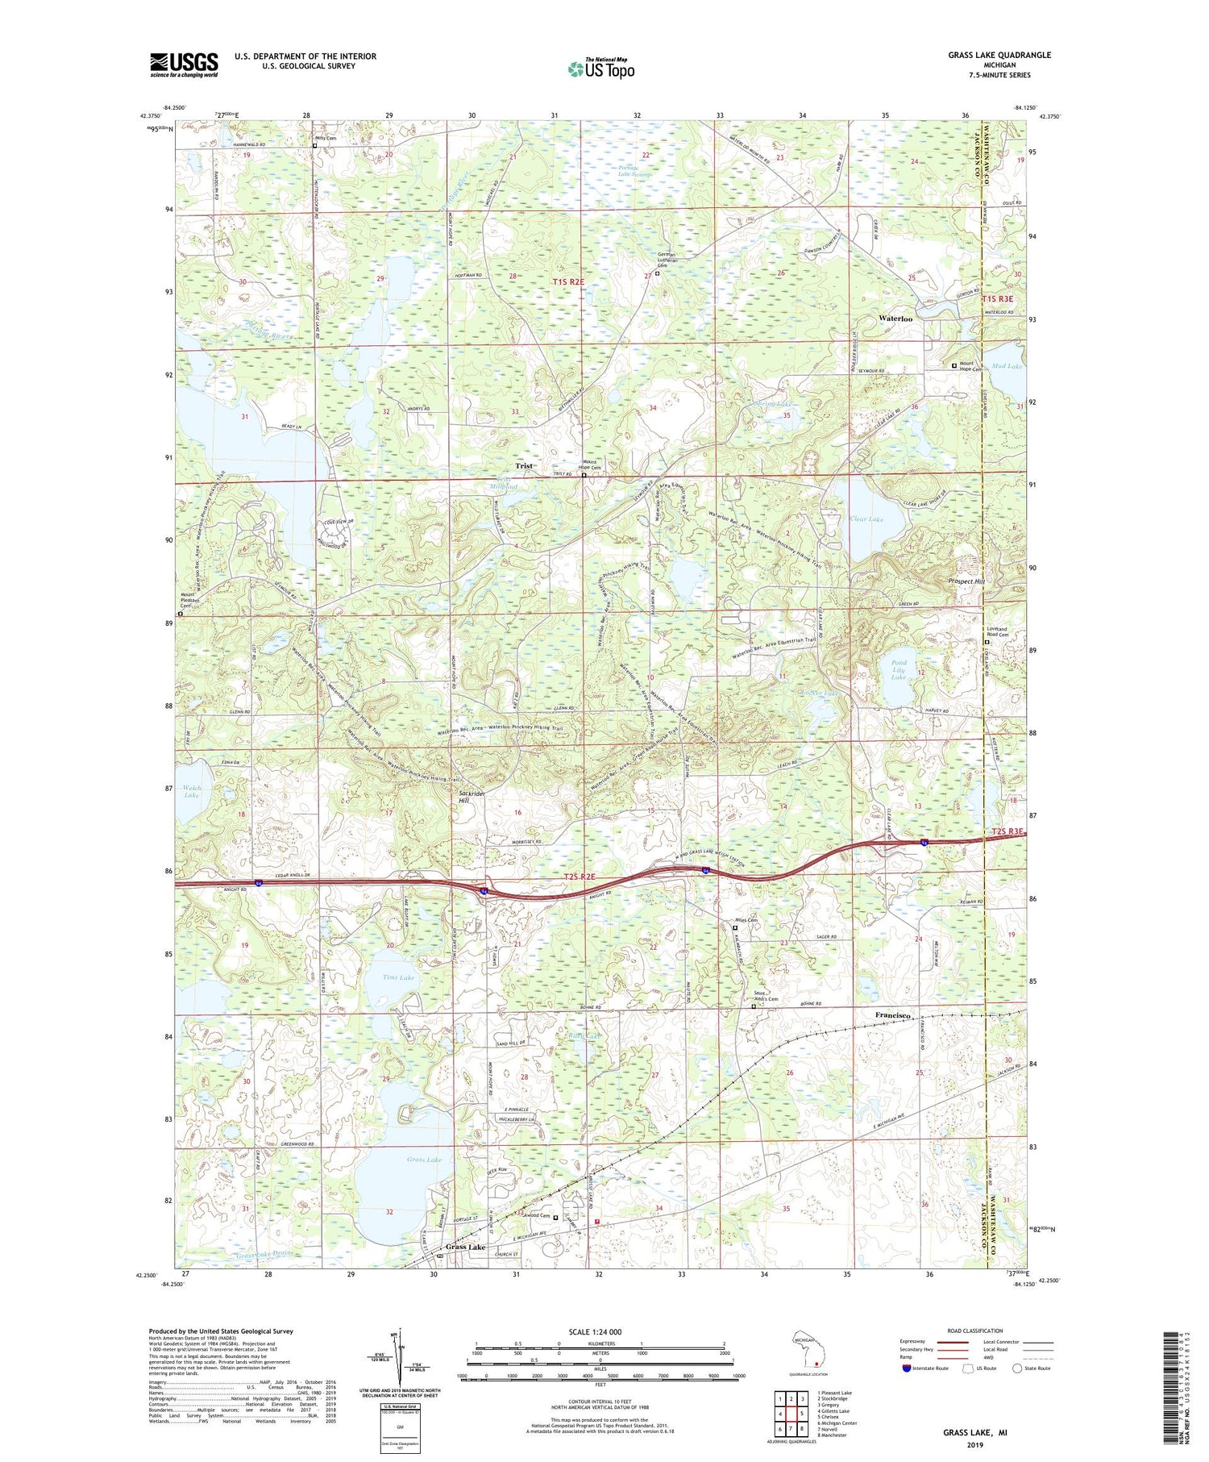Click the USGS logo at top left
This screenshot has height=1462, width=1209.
(x=184, y=65)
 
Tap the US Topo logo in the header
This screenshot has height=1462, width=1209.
(x=600, y=69)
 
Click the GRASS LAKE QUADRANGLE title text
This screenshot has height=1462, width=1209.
(x=999, y=55)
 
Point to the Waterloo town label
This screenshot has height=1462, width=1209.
(x=895, y=319)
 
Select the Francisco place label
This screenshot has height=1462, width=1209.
(x=893, y=1015)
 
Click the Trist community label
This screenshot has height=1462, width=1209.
(x=525, y=466)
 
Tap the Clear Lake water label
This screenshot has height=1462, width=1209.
(x=866, y=519)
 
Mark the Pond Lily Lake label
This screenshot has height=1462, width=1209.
(x=899, y=670)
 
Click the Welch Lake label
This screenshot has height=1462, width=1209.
(x=192, y=790)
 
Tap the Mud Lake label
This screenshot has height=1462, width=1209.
(x=1007, y=366)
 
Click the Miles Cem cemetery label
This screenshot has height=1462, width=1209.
(x=746, y=920)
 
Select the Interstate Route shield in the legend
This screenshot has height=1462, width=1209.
(x=906, y=1368)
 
